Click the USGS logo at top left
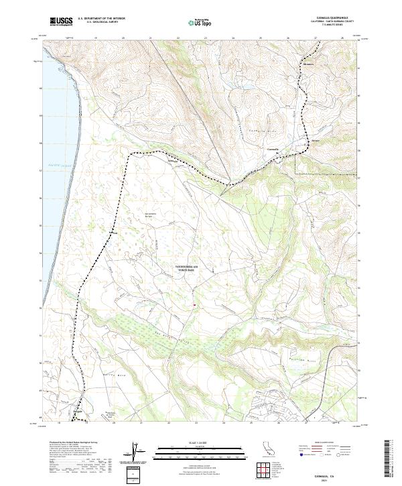click(61, 21)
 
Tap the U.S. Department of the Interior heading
click(101, 18)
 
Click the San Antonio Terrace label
click(151, 216)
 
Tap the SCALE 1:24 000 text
click(200, 442)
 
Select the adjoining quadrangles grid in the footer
click(267, 469)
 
